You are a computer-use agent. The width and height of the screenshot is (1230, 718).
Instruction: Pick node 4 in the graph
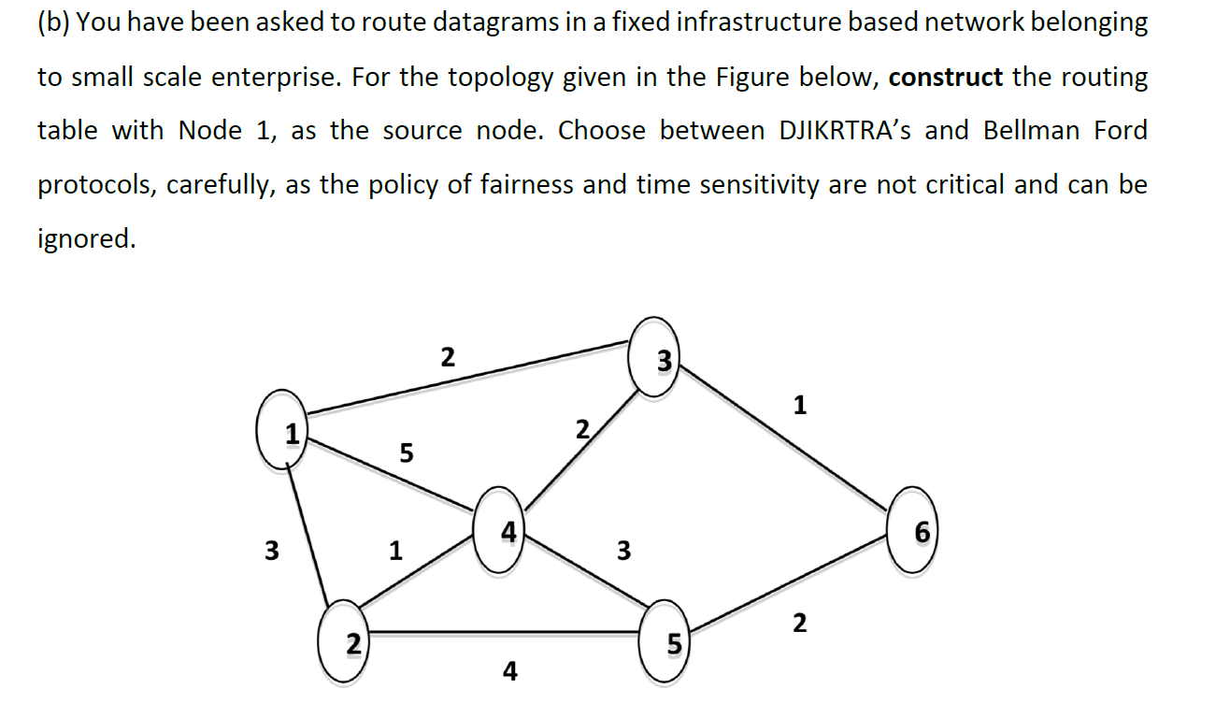[x=501, y=531]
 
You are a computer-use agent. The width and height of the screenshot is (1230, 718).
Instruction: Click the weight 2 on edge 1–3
[x=448, y=357]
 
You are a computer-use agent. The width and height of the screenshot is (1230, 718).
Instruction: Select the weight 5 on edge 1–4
[x=405, y=453]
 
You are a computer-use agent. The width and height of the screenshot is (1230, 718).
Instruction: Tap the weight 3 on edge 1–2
[x=271, y=551]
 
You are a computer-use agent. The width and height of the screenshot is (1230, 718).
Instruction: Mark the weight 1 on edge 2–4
[x=396, y=551]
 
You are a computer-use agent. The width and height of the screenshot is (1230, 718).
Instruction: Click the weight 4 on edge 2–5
[x=509, y=670]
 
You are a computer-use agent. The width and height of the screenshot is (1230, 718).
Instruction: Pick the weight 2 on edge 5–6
[x=798, y=622]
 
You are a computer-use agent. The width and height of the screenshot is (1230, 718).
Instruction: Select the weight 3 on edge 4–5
[x=622, y=551]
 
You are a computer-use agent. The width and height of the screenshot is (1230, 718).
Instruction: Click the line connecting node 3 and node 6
[x=785, y=440]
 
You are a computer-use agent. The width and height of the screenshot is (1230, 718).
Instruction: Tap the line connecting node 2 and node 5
[x=505, y=634]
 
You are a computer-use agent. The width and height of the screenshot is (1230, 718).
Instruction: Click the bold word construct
[x=945, y=77]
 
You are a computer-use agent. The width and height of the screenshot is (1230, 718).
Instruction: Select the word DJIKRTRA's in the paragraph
[x=847, y=131]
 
